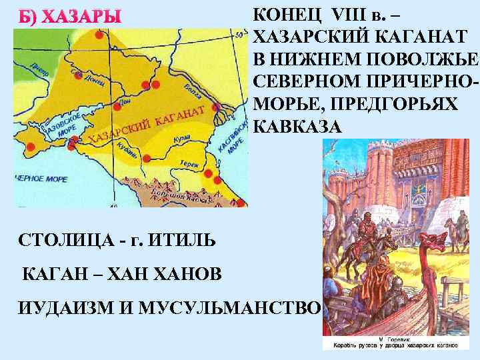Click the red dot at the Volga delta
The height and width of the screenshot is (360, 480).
(x=217, y=107)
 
